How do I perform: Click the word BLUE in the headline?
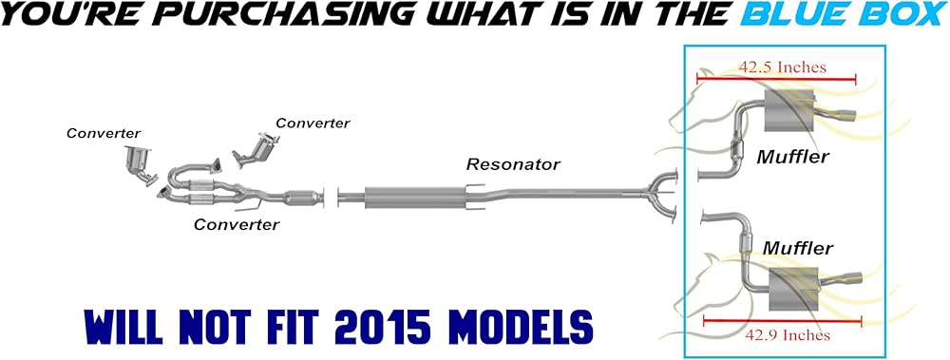(787, 14)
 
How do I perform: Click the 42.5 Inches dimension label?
(782, 66)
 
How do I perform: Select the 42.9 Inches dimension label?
(786, 334)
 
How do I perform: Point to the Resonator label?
(513, 163)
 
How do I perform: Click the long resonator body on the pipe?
(415, 197)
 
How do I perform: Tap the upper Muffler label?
(792, 157)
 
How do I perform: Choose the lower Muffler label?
(797, 248)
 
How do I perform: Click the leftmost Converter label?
(104, 133)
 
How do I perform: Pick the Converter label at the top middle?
(313, 123)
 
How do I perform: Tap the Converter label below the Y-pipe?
(237, 225)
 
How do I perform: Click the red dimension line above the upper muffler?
(776, 78)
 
